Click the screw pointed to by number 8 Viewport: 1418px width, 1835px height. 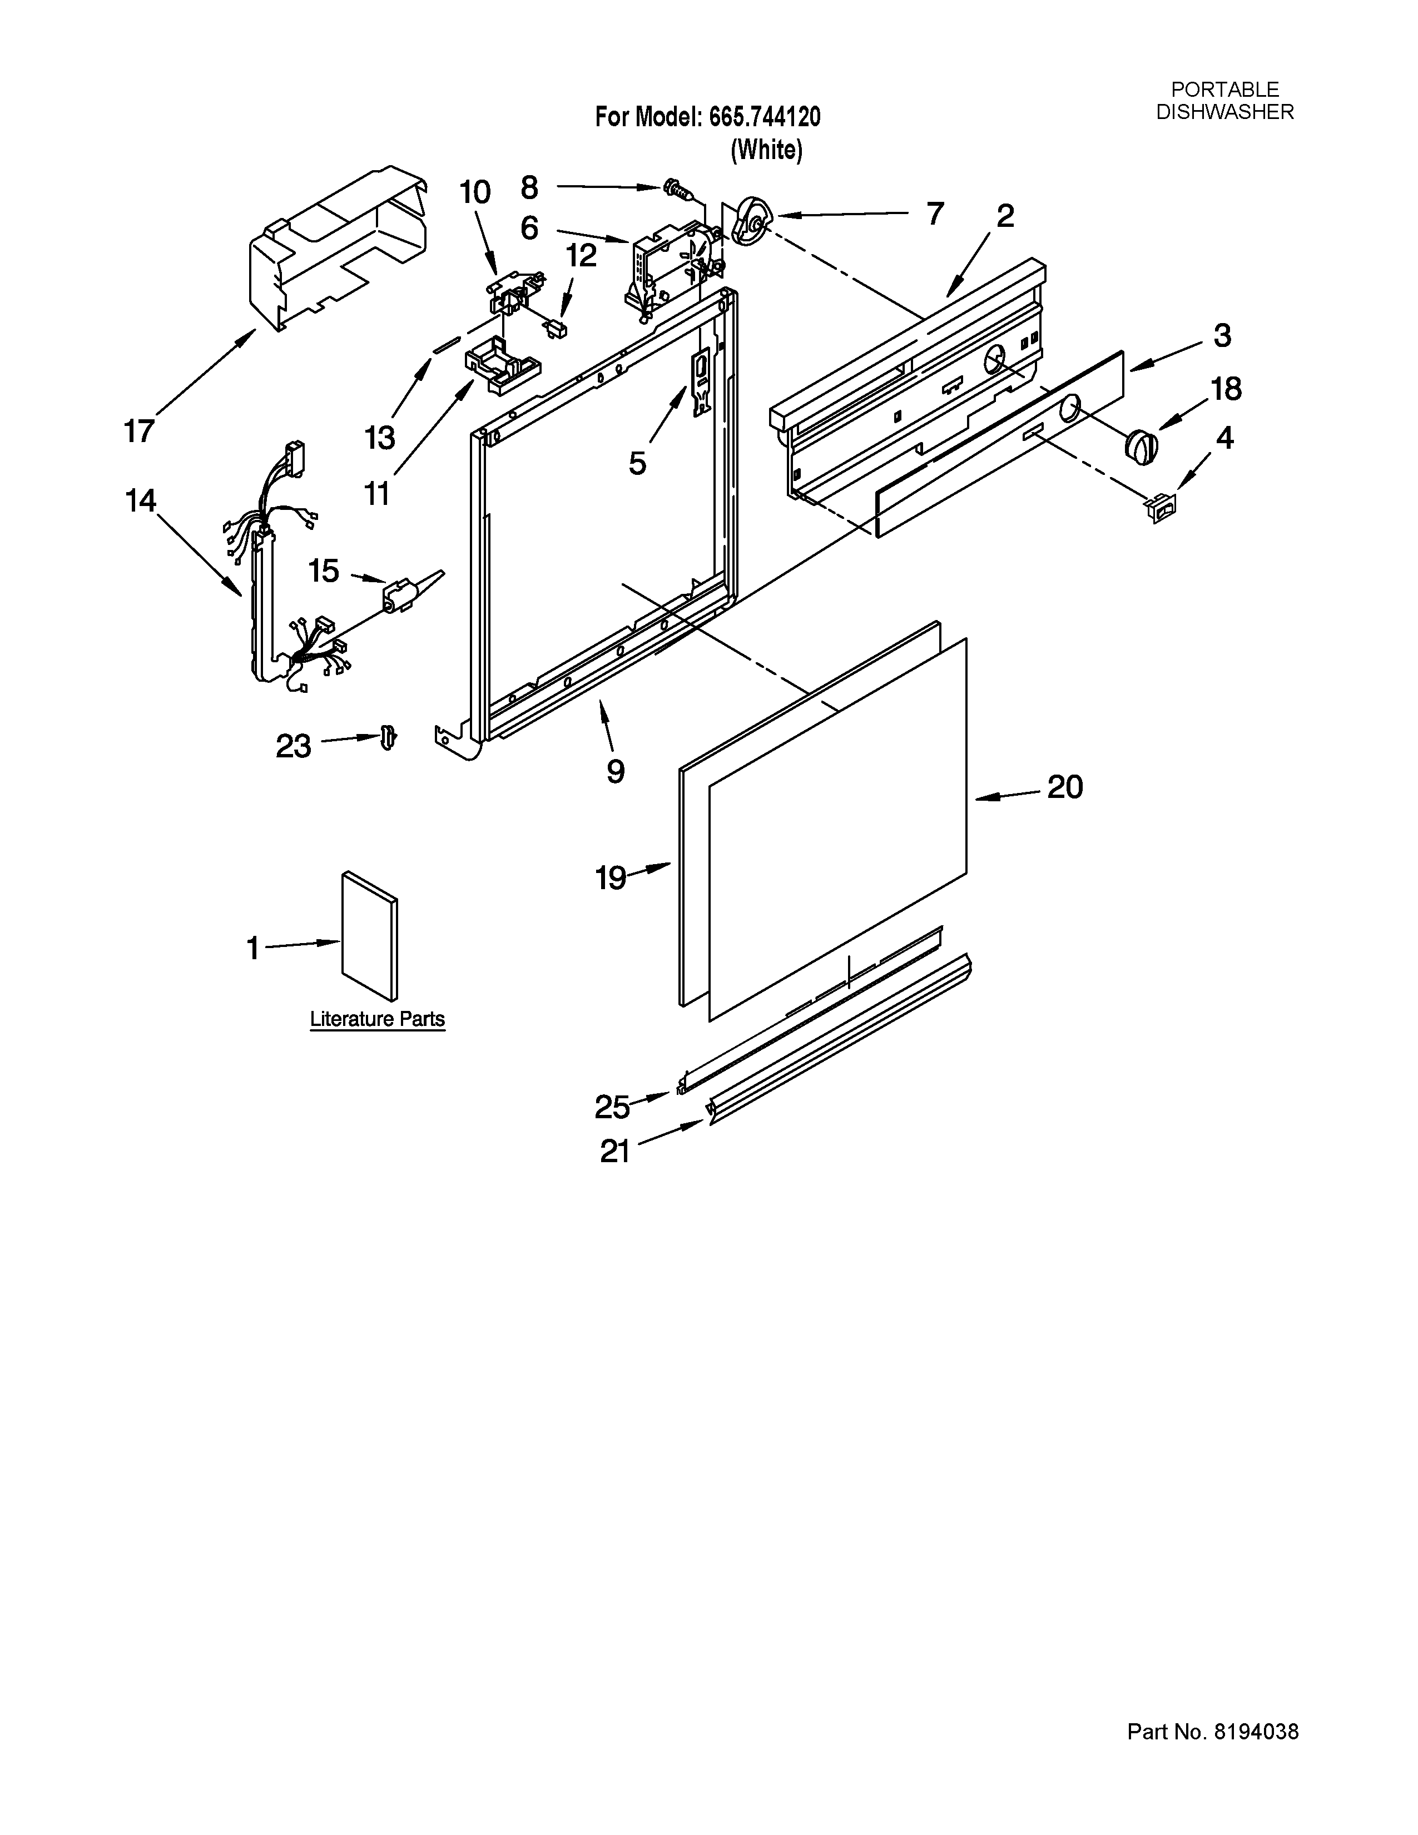[676, 188]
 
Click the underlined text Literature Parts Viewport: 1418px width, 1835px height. [377, 1019]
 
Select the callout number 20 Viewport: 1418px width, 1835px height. [1064, 787]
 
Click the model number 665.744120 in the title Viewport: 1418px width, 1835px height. [765, 117]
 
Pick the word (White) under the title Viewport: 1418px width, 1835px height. [766, 150]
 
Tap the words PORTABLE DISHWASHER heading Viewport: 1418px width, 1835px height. [1225, 101]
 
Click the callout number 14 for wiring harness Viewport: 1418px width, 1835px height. [140, 502]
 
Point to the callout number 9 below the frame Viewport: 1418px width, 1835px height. [616, 771]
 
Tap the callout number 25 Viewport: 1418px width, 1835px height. [612, 1107]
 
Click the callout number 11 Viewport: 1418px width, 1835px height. [377, 494]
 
